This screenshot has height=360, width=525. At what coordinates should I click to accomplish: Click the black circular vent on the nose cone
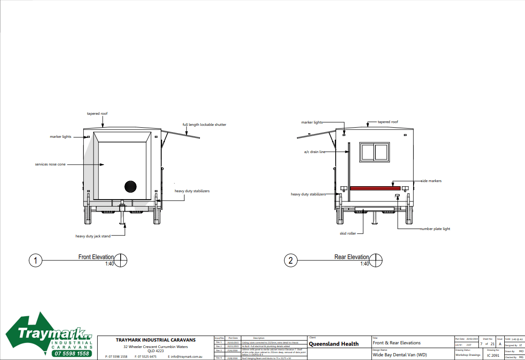(130, 186)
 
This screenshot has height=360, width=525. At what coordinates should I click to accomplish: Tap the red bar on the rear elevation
(375, 188)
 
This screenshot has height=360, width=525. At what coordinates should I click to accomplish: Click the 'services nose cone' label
(50, 165)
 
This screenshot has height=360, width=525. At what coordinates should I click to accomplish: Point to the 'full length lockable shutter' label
(204, 124)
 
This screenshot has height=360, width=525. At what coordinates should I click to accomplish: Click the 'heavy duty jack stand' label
(93, 236)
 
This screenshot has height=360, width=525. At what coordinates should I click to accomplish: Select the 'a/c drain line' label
(314, 152)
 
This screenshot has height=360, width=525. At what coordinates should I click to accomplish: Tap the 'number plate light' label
(435, 229)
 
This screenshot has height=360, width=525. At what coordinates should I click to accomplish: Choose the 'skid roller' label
(348, 233)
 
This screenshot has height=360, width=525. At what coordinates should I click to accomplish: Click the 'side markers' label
(431, 181)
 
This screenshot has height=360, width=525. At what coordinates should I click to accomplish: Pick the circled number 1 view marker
(35, 260)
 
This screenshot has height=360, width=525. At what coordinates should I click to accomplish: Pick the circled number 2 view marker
(291, 260)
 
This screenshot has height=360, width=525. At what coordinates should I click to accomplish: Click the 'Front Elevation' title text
(96, 257)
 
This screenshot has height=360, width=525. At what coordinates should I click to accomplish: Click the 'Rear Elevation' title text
(351, 257)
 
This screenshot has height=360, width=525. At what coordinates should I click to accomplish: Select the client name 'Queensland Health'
(333, 344)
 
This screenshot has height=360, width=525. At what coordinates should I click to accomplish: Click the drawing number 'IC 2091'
(493, 355)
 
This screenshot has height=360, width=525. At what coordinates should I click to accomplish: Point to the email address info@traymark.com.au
(187, 356)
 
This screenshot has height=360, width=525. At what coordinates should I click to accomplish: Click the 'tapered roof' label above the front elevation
(97, 113)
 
